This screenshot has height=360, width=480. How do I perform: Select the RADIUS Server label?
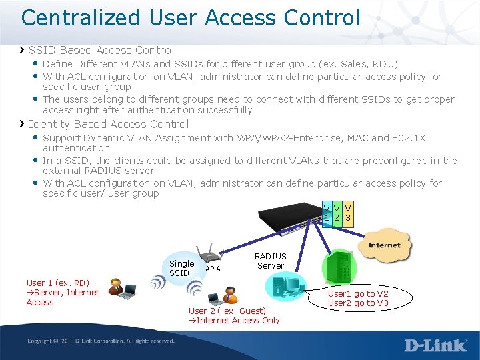click(270, 261)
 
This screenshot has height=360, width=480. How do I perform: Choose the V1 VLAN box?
click(326, 213)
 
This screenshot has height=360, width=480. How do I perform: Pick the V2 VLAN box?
click(337, 213)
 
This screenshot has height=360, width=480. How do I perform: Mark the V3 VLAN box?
click(348, 213)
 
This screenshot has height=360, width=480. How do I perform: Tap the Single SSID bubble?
click(181, 268)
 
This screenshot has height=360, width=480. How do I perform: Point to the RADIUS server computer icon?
click(285, 287)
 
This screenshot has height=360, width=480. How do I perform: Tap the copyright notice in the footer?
click(101, 341)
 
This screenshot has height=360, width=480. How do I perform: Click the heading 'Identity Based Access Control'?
click(109, 124)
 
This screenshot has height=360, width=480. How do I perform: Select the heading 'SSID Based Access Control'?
click(101, 50)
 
